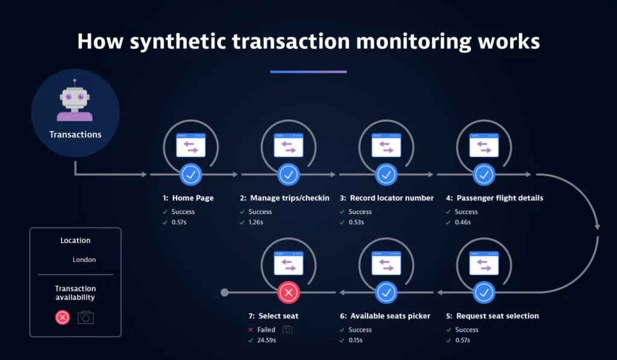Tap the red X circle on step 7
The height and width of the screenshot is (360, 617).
pyautogui.click(x=289, y=292)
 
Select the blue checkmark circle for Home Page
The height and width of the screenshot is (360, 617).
pyautogui.click(x=191, y=174)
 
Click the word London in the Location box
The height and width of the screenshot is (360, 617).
pyautogui.click(x=84, y=259)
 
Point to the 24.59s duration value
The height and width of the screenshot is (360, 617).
pyautogui.click(x=266, y=340)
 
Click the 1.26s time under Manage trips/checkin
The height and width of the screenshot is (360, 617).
pyautogui.click(x=255, y=222)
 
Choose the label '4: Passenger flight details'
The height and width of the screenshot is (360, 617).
pyautogui.click(x=495, y=198)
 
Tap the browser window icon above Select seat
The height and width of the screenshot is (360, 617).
pyautogui.click(x=289, y=263)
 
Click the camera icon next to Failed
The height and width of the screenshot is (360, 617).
pyautogui.click(x=287, y=329)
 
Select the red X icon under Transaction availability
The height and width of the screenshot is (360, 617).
pyautogui.click(x=63, y=317)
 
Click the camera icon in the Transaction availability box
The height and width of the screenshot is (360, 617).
pyautogui.click(x=86, y=317)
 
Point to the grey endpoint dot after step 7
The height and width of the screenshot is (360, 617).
pyautogui.click(x=225, y=292)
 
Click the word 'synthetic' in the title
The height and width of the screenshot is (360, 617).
pyautogui.click(x=178, y=42)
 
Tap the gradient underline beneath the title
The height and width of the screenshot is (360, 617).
pyautogui.click(x=308, y=72)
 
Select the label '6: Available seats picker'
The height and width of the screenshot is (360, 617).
pyautogui.click(x=385, y=316)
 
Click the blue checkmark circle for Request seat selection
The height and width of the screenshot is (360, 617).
pyautogui.click(x=484, y=292)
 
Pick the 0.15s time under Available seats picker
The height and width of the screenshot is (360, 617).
pyautogui.click(x=355, y=340)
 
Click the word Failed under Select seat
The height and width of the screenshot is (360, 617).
pyautogui.click(x=266, y=330)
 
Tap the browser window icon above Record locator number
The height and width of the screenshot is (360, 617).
pyautogui.click(x=386, y=145)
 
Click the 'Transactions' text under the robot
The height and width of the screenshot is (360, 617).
pyautogui.click(x=75, y=134)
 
